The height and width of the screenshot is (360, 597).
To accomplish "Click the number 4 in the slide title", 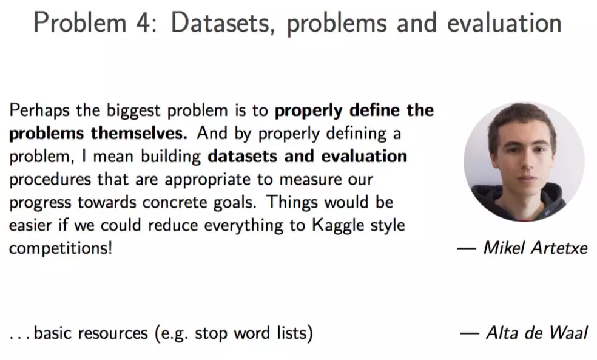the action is [144, 22].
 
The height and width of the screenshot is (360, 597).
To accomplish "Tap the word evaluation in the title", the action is [505, 22].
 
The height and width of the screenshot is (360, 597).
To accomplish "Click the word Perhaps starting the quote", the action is [39, 111].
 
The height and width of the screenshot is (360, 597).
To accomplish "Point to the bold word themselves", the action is [139, 134].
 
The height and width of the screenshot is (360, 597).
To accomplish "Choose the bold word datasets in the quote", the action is [242, 156].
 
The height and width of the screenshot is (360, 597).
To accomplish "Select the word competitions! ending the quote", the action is [61, 248].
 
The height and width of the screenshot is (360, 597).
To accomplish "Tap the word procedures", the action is [50, 180].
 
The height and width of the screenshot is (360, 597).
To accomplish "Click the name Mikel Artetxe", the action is [536, 248].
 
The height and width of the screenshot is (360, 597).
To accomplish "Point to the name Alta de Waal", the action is [537, 333].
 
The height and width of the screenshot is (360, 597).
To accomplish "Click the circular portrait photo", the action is [524, 161].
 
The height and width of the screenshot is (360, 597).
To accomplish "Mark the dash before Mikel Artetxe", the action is [467, 249].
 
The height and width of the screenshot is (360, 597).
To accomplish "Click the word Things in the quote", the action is [292, 202].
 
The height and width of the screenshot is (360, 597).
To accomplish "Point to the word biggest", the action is [133, 111].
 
